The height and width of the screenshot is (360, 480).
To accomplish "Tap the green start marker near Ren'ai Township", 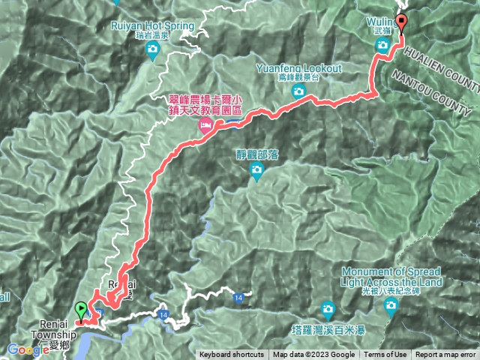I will click(x=80, y=308).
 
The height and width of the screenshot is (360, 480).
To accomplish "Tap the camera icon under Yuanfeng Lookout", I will click(x=298, y=91).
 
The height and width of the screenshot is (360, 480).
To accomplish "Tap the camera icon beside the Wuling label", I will click(x=381, y=47).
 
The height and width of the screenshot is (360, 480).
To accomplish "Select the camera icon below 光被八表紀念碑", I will click(x=391, y=305).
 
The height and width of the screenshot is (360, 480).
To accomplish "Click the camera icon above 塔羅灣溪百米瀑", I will click(x=328, y=308).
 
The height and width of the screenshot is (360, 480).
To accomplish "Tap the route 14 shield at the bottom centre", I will click(x=238, y=297).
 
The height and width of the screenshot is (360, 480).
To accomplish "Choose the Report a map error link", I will click(x=445, y=355).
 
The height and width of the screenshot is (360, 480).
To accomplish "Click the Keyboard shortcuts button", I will click(x=232, y=355).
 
